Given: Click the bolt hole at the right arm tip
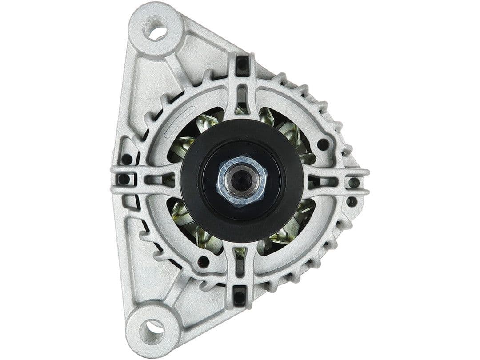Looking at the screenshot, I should pos(354,182).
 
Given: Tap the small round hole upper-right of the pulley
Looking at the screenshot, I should pos(323,144).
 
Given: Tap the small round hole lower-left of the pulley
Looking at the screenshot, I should pos(204,261).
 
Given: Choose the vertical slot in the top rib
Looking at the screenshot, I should pos(242,95).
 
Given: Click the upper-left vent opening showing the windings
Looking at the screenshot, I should pos(196,133).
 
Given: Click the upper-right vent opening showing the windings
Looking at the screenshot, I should pos(284,129).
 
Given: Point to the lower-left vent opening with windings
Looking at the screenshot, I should pos(191,222).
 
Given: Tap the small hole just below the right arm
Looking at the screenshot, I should pos(351,201).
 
